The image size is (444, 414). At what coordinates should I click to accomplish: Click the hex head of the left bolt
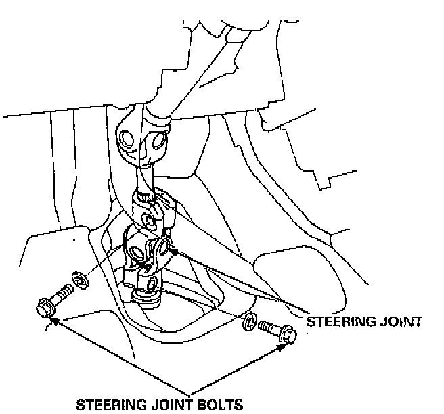(43, 308)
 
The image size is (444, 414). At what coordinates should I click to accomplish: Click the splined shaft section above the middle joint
(143, 179)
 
